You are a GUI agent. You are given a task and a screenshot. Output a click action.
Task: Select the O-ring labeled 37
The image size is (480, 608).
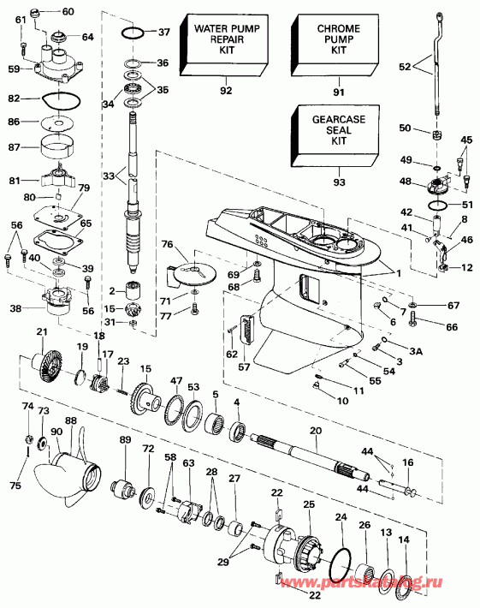tap(130, 33)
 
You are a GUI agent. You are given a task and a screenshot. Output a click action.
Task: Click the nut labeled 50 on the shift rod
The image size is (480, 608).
tap(436, 137)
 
